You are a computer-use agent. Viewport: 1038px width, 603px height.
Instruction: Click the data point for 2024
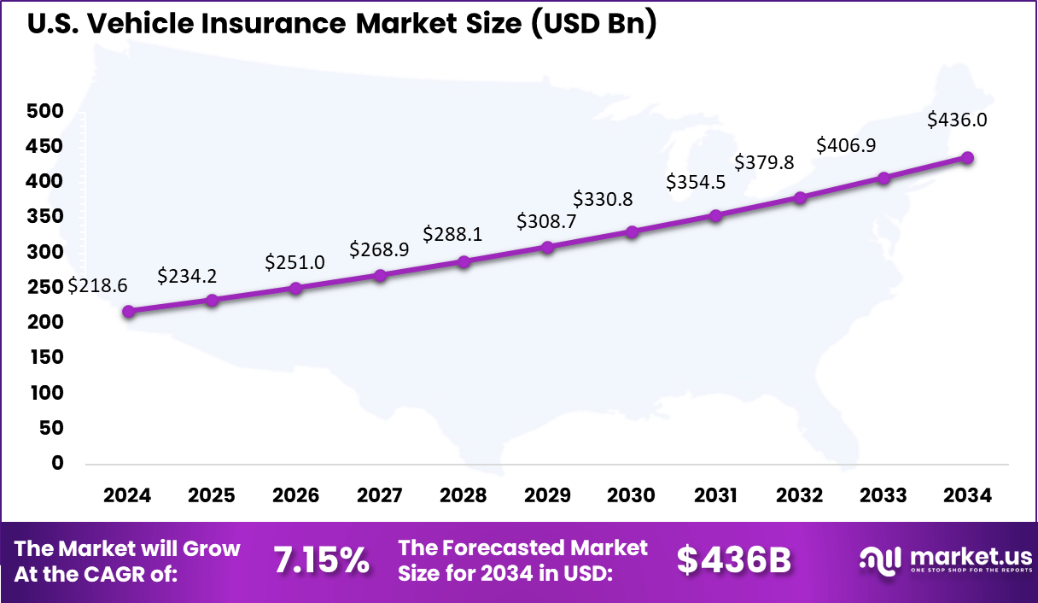128,312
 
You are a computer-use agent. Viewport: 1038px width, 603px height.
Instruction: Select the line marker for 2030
633,231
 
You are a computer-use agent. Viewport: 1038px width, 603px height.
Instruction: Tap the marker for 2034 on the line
968,158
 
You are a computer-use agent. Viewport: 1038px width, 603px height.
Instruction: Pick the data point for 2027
381,275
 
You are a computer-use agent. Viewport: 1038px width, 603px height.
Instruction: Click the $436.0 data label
958,120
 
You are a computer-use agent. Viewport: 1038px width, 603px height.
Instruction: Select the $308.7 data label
546,222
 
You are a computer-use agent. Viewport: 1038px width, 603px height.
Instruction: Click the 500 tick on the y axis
45,111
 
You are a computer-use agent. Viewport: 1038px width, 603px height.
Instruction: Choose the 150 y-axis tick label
45,357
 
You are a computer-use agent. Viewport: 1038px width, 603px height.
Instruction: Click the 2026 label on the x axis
295,496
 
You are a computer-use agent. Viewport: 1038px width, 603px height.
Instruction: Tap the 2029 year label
548,496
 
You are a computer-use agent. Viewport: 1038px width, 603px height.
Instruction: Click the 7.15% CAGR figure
322,560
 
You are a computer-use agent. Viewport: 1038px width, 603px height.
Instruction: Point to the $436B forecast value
734,560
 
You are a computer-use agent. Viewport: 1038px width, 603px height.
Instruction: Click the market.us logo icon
880,561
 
